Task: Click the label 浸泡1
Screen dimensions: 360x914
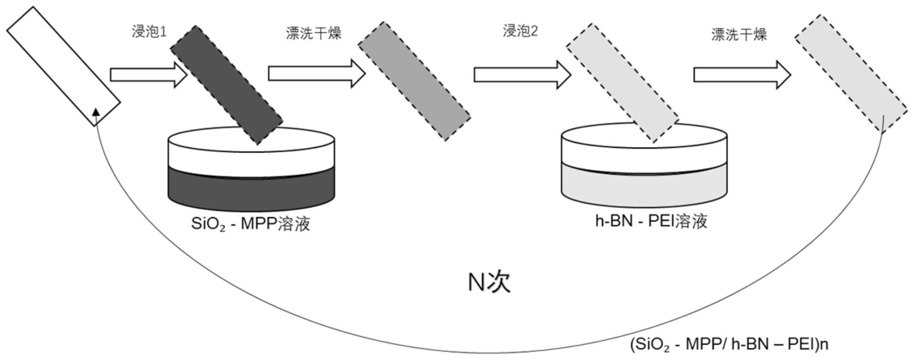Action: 148,32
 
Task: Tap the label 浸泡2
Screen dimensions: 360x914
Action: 520,31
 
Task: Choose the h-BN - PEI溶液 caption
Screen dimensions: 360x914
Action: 650,221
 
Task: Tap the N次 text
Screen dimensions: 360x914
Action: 489,282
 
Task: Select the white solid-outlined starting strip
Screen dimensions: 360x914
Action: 63,66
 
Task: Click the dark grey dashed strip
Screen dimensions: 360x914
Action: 226,84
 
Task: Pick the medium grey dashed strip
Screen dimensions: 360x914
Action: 414,81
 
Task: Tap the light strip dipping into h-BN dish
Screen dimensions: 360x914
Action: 622,82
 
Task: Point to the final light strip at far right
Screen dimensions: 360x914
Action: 850,73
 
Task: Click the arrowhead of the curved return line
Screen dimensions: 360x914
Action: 96,111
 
